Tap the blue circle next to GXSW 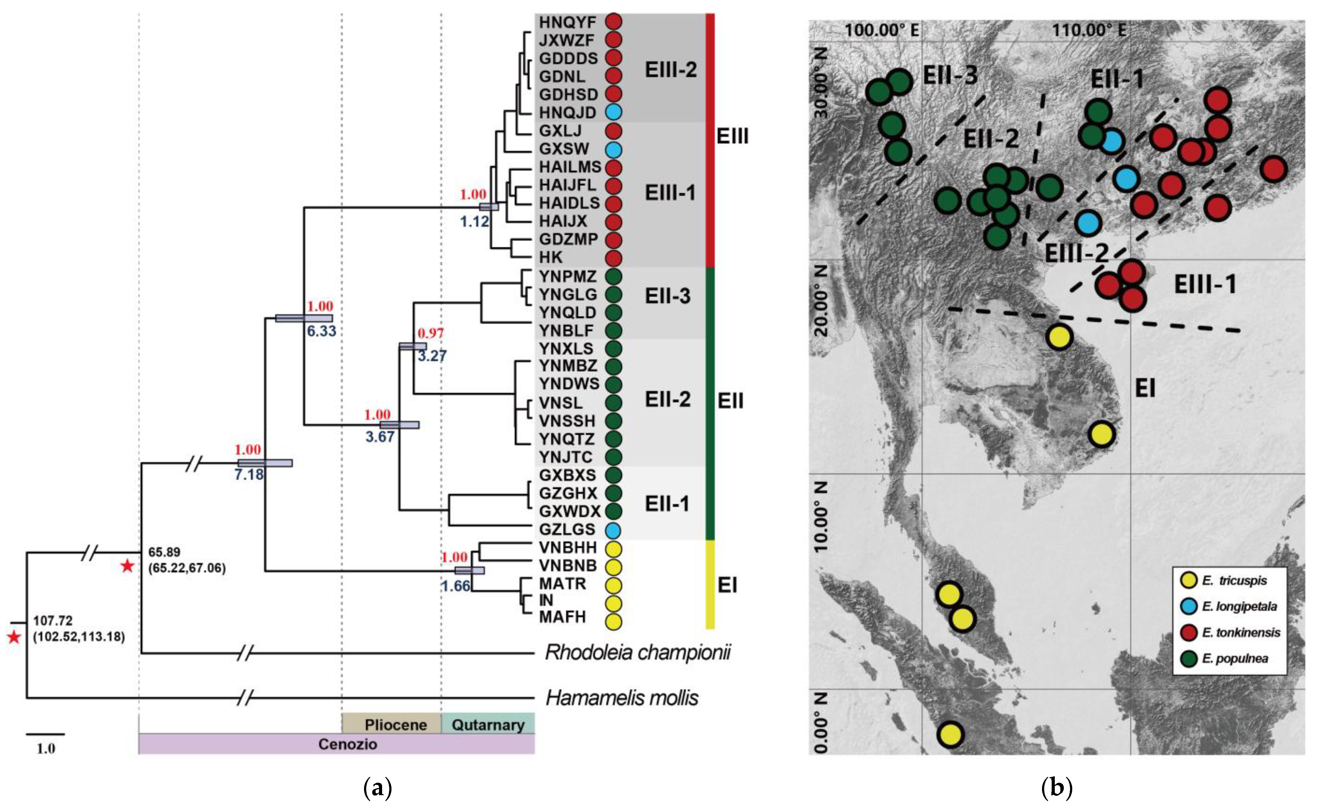(x=613, y=149)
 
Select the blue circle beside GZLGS (x=613, y=530)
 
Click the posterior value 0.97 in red (x=430, y=333)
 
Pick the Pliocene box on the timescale (x=396, y=725)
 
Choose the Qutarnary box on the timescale (x=488, y=725)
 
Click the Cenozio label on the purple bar (x=348, y=744)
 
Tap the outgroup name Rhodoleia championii (x=638, y=653)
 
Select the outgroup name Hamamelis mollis (x=622, y=698)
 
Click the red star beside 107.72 (x=14, y=637)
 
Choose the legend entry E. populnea (x=1235, y=658)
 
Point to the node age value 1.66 (x=455, y=586)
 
